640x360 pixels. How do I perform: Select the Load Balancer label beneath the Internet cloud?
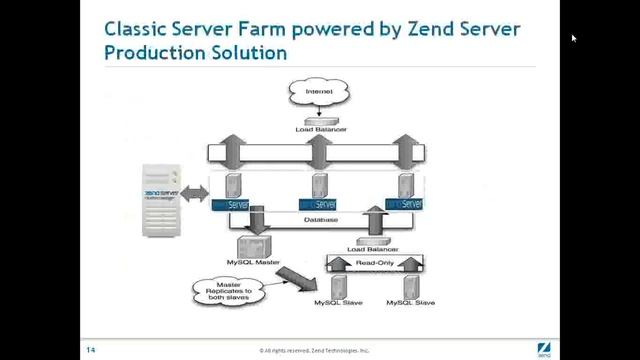pyautogui.click(x=318, y=130)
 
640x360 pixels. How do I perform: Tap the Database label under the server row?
pyautogui.click(x=321, y=220)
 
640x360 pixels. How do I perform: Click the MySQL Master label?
pyautogui.click(x=253, y=262)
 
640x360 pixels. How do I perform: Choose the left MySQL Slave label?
pyautogui.click(x=335, y=302)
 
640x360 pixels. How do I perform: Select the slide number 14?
pyautogui.click(x=89, y=349)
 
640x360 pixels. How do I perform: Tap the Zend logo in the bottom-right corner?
pyautogui.click(x=545, y=349)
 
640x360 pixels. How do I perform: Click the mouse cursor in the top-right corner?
pyautogui.click(x=574, y=38)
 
